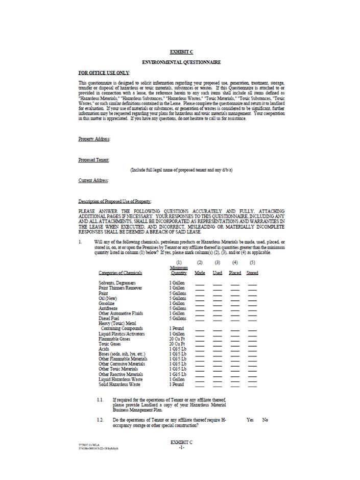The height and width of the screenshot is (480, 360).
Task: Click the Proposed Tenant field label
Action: tap(93, 159)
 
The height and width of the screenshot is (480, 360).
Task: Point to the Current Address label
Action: tap(93, 180)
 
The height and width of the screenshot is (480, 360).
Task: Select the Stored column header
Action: tap(252, 273)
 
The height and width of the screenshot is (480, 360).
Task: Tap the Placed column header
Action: tap(235, 273)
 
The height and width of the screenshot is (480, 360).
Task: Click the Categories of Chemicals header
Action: tap(120, 273)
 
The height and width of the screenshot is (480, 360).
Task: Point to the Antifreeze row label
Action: tap(108, 308)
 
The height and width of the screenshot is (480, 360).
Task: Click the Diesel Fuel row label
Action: tap(110, 318)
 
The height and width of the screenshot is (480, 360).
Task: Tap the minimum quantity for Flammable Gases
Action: tap(177, 339)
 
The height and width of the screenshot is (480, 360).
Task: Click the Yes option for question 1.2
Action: tap(250, 420)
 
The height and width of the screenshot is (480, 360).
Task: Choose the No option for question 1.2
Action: tap(265, 420)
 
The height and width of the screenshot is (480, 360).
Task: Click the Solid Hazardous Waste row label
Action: tap(119, 384)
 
